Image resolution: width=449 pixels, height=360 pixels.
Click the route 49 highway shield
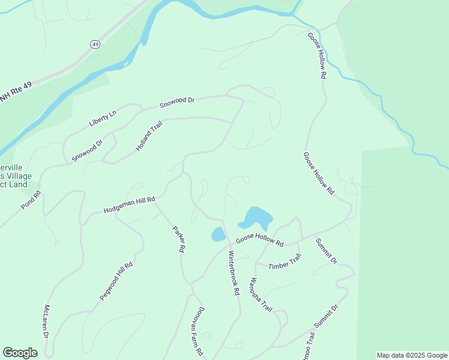(x=95, y=44)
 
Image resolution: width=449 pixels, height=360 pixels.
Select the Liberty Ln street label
(x=103, y=118)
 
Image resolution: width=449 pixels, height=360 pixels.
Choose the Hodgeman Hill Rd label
(x=129, y=205)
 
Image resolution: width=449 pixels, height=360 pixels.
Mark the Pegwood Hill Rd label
(x=116, y=281)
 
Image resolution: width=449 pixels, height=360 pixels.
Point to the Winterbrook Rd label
(x=234, y=272)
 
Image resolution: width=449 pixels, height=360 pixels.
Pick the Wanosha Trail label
(x=262, y=295)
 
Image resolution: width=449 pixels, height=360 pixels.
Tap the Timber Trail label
(x=285, y=262)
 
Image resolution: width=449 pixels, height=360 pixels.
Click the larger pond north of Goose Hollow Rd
(x=258, y=217)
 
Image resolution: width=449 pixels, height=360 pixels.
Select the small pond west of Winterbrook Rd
(x=218, y=234)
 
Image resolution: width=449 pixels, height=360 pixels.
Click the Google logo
(x=20, y=352)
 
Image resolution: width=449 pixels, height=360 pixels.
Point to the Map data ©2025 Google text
(x=412, y=355)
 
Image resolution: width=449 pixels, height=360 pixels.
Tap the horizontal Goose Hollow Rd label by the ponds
(x=259, y=240)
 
